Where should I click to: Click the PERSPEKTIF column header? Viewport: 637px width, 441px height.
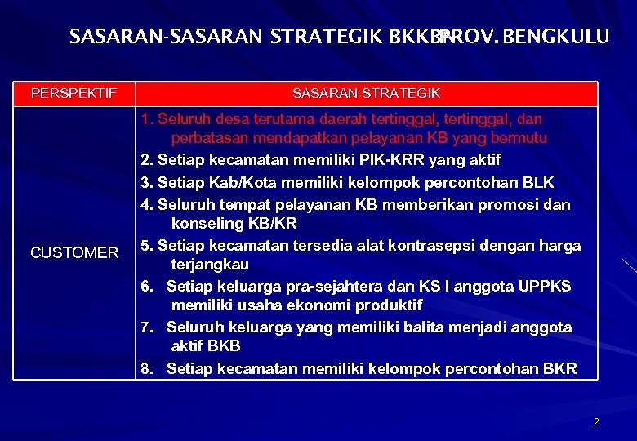point(73,94)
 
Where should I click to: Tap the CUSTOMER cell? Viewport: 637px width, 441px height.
point(73,253)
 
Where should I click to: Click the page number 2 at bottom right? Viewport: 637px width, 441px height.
point(596,422)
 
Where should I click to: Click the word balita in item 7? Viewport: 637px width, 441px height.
point(393,327)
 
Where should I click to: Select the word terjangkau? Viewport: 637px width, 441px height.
point(210,265)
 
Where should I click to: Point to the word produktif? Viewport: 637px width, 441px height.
point(383,305)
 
